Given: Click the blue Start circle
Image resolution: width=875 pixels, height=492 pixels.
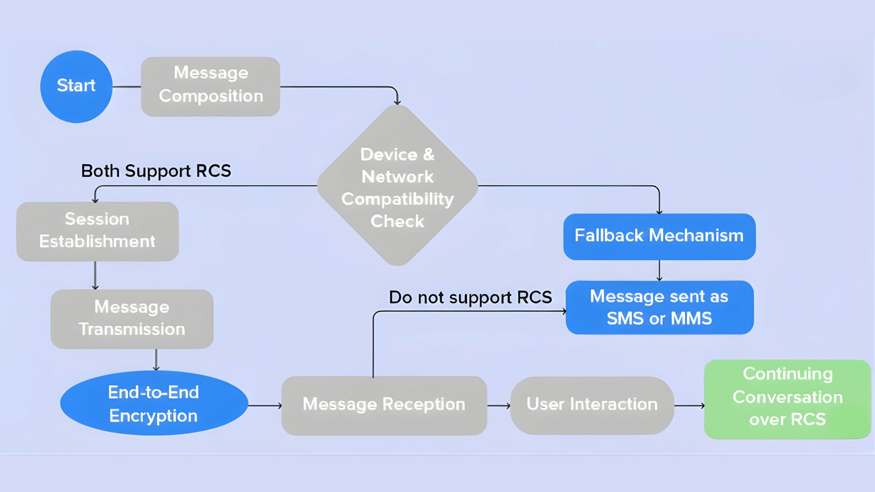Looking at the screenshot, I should coord(76,86).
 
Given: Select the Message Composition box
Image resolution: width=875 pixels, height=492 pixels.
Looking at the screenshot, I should coord(211,86).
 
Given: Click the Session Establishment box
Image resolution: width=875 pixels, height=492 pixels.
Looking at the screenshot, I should coord(97,231).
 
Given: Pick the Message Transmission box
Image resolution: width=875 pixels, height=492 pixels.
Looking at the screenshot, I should coord(132,319).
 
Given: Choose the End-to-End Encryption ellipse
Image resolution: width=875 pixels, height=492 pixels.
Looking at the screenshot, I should coord(154,403).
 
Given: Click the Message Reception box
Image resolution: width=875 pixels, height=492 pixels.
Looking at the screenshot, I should coord(384,405).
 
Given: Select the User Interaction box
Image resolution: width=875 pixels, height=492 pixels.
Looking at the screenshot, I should coord(592,405).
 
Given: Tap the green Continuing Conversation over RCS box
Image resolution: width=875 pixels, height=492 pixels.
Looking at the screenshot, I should coord(787,399).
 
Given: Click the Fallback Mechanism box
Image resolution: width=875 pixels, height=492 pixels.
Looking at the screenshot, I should coord(659,236).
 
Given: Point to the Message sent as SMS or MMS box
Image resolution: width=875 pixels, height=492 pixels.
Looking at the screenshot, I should coord(659,307).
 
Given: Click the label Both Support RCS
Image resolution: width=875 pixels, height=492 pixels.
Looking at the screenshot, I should coord(156,171).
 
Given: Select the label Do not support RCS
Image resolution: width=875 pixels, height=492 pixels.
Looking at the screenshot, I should coord(470,297).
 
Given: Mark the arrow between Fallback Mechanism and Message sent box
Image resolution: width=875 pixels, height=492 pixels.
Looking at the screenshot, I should coord(659,271).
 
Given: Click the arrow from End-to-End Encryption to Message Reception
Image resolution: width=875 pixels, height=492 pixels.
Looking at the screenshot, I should coord(264,405).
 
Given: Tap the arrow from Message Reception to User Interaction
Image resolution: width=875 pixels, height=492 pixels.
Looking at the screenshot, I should coord(499,405).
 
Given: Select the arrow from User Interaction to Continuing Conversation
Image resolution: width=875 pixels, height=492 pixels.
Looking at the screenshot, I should coord(689,405).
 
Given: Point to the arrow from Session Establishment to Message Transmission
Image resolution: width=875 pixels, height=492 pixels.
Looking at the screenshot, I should coord(95,275).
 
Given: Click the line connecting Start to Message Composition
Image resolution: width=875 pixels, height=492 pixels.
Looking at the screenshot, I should coord(127,87).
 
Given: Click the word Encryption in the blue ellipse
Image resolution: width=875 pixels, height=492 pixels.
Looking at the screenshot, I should coord(153,416).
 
